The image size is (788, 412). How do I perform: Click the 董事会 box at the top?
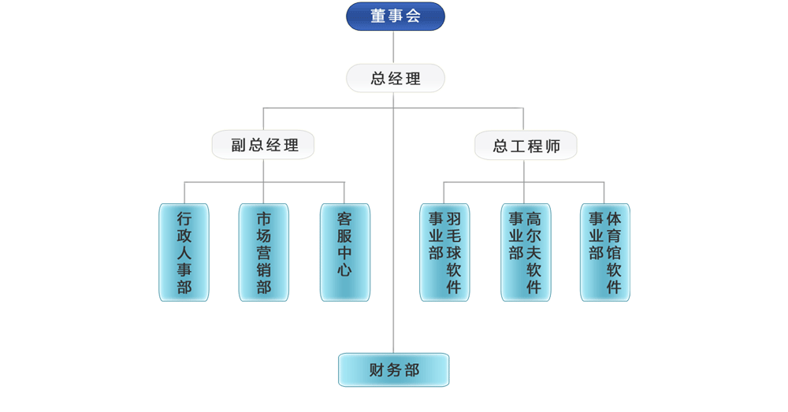pos(395,16)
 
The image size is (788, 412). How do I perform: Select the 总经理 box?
pos(395,78)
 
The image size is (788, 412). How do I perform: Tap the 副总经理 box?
pos(263,145)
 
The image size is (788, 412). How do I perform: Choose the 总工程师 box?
pos(526,146)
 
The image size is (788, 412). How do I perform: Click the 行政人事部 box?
pos(184,252)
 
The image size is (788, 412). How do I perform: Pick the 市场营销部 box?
pos(263,252)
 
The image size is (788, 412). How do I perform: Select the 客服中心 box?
pos(344,252)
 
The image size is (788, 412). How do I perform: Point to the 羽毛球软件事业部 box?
pos(444,252)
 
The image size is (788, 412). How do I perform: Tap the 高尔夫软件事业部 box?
pos(526,252)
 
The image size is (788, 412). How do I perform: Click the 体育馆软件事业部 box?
pos(605,252)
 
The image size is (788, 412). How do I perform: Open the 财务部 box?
pos(393,369)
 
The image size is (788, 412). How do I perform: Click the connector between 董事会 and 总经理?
pos(394,47)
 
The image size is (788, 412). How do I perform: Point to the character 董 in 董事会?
pos(377,16)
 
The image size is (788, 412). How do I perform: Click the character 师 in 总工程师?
pos(552,146)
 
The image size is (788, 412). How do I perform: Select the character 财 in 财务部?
pos(376,370)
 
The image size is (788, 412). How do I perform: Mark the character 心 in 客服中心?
pos(344,270)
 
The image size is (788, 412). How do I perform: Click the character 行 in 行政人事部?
pos(184,218)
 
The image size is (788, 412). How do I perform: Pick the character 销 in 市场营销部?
pos(263,270)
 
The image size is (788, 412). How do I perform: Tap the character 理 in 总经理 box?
pos(413,78)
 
